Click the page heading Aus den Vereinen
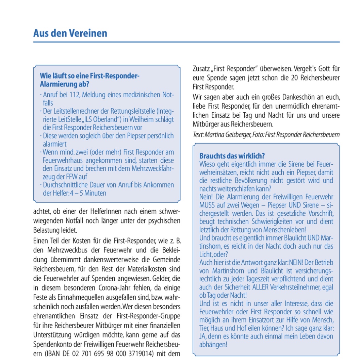click(70, 33)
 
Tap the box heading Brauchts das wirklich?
click(232, 156)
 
